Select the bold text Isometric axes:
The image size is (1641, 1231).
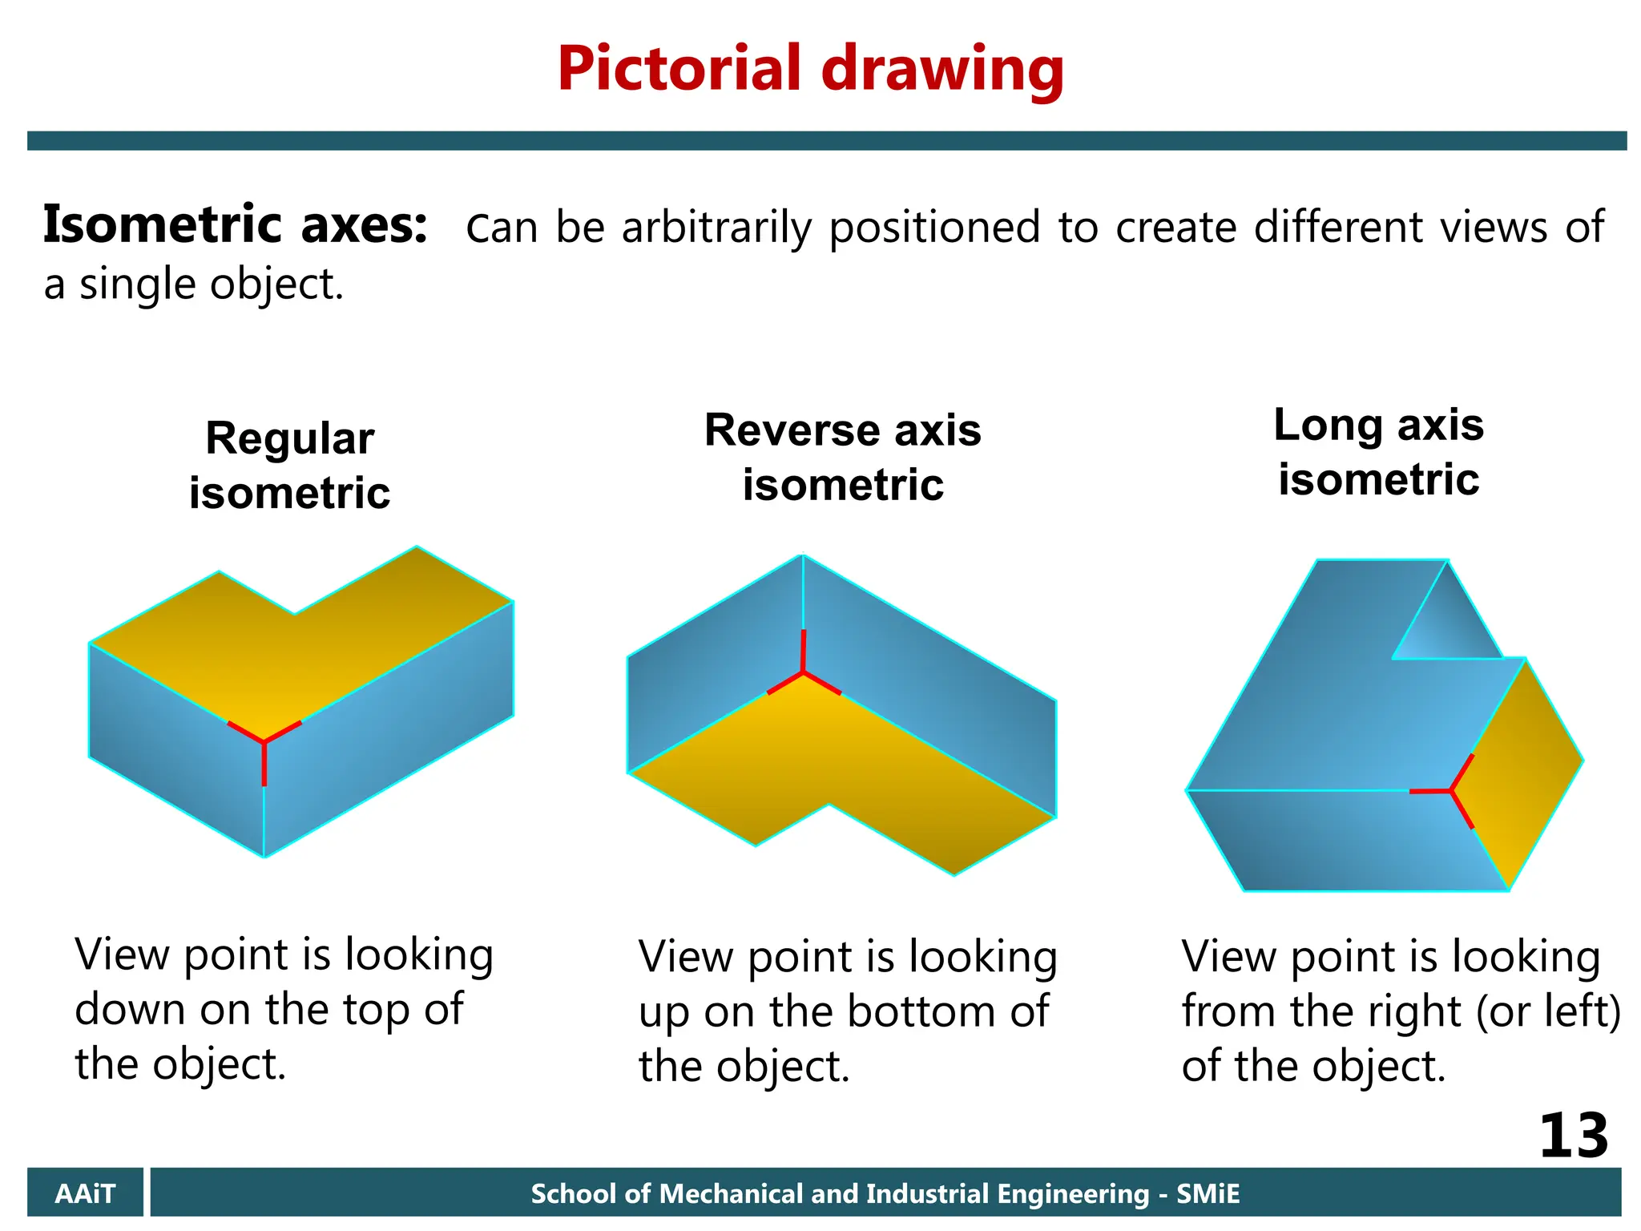(x=235, y=225)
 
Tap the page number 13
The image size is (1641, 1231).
(x=1573, y=1136)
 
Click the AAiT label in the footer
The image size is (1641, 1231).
(x=85, y=1193)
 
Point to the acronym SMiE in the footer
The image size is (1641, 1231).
(x=1208, y=1194)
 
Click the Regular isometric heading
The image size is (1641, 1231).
(x=289, y=465)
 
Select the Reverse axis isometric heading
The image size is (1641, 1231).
(x=842, y=457)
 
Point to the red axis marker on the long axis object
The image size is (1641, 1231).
(x=1451, y=791)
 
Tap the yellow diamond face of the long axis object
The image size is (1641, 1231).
(x=1522, y=769)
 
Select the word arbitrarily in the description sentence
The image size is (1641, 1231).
(x=716, y=228)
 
